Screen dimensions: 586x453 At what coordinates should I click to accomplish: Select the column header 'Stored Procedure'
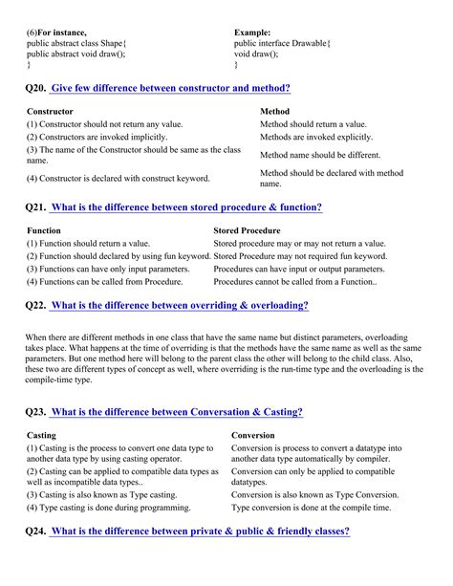(247, 230)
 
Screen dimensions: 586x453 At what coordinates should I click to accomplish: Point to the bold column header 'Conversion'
(254, 435)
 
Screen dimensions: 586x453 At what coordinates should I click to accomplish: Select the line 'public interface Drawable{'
(282, 44)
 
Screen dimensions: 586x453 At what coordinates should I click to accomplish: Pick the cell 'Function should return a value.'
(88, 244)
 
